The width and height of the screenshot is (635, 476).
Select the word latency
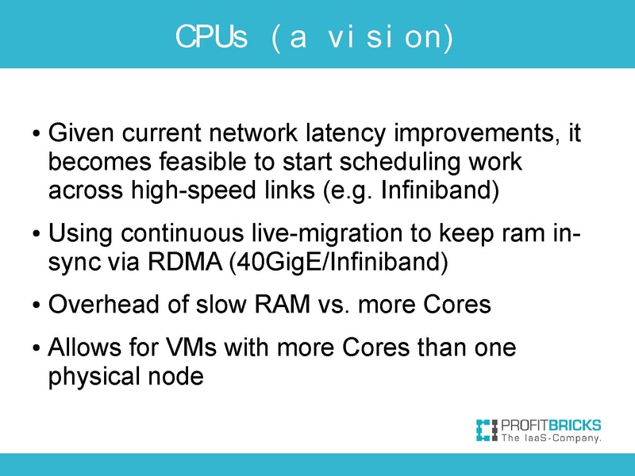[340, 132]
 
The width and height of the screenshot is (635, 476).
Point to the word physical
[94, 376]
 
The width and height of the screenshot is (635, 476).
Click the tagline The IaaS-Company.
[550, 437]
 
